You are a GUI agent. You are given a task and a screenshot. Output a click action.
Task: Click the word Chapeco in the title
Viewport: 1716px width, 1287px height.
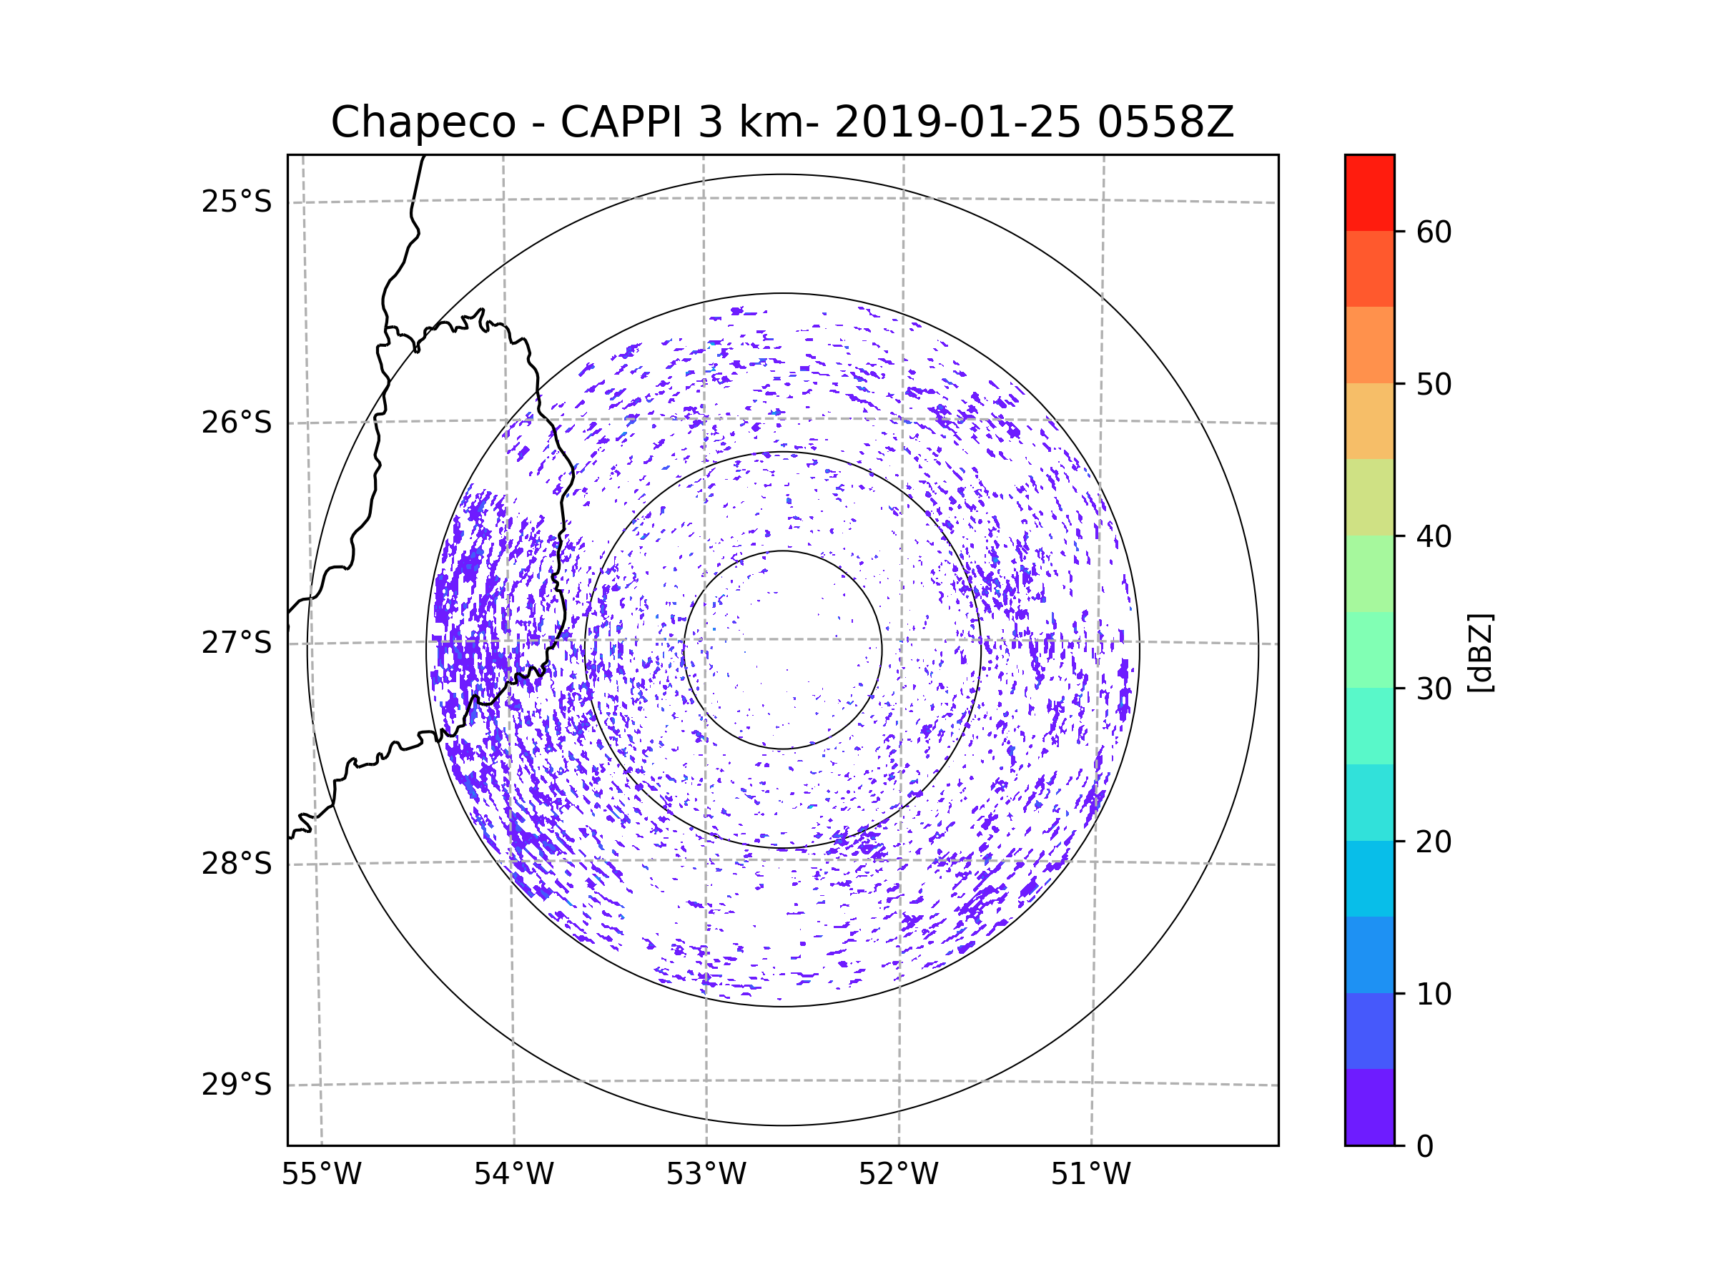coord(423,122)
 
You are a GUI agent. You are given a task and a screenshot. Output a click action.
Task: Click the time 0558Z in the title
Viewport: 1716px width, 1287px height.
coord(1165,122)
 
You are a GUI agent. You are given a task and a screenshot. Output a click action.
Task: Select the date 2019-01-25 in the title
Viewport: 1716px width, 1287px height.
coord(957,122)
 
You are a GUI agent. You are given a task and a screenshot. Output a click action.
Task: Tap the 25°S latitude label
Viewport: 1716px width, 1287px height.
coord(237,202)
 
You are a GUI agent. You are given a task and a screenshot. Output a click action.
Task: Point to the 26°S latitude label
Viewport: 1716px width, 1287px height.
coord(237,423)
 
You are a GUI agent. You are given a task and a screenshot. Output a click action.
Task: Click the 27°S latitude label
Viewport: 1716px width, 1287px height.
coord(237,643)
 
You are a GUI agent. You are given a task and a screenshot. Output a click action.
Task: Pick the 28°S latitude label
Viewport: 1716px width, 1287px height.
coord(237,864)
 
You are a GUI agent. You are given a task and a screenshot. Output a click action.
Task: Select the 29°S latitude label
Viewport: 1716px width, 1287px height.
coord(237,1085)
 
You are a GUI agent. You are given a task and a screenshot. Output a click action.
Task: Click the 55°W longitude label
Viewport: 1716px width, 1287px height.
coord(321,1175)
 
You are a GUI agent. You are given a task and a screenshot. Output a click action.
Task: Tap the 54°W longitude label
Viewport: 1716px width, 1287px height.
coord(513,1175)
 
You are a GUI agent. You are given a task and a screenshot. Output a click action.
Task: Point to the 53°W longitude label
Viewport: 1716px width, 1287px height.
coord(706,1175)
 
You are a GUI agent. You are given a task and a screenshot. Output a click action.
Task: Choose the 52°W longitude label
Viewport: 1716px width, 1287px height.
coord(898,1175)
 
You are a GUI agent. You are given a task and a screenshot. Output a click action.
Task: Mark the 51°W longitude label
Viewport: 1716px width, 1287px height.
coord(1090,1175)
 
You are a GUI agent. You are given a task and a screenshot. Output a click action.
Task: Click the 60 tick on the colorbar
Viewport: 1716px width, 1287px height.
coord(1434,232)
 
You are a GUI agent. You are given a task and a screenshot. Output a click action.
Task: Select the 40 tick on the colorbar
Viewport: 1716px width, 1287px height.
coord(1434,537)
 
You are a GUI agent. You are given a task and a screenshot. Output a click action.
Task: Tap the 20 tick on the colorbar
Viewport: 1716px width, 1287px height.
coord(1434,842)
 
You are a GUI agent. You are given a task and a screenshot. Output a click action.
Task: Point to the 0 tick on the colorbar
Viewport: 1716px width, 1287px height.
coord(1425,1147)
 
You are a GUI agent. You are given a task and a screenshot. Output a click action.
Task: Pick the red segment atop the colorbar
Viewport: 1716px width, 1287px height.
coord(1369,192)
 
